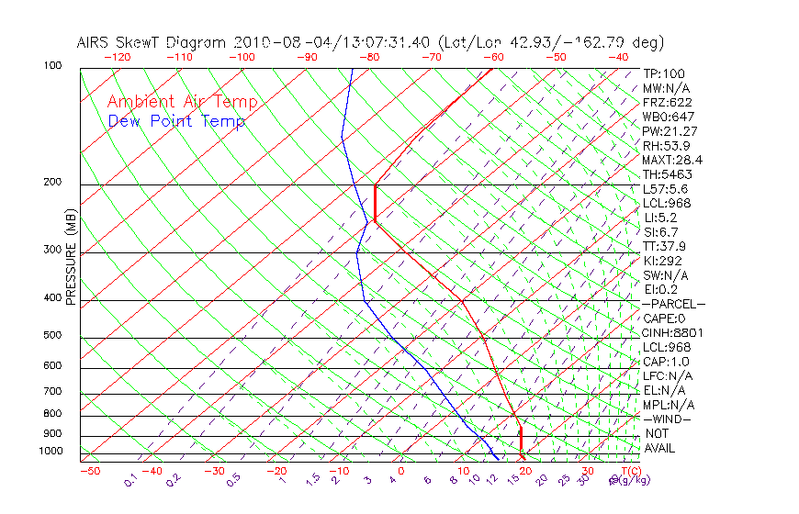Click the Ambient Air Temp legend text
pyautogui.click(x=182, y=102)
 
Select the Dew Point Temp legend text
pyautogui.click(x=176, y=122)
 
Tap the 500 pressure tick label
pyautogui.click(x=52, y=336)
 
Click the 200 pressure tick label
pyautogui.click(x=52, y=183)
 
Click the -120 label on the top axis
pyautogui.click(x=117, y=57)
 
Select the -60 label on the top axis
pyautogui.click(x=493, y=57)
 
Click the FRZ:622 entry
pyautogui.click(x=668, y=103)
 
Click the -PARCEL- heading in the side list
pyautogui.click(x=673, y=304)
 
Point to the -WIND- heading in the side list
pyautogui.click(x=668, y=419)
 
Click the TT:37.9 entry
pyautogui.click(x=665, y=246)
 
